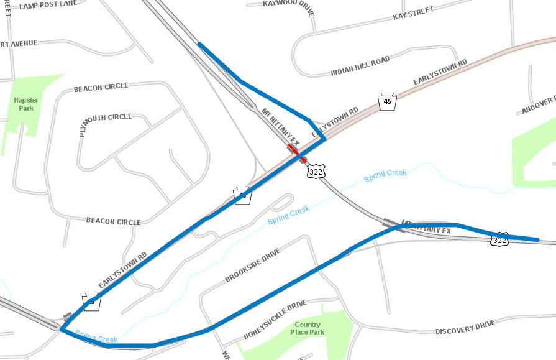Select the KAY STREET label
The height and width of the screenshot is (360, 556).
click(x=413, y=14)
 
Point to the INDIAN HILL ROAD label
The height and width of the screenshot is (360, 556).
click(x=360, y=64)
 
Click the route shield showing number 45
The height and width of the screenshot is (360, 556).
click(x=388, y=102)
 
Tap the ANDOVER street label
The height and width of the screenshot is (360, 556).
click(x=538, y=106)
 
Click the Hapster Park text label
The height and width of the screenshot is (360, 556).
click(x=26, y=104)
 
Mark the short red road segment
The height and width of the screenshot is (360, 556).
click(x=297, y=153)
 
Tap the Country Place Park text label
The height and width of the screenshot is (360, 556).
click(x=308, y=328)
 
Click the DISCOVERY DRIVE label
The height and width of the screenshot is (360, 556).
click(x=465, y=328)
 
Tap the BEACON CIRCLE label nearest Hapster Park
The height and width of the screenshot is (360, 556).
click(x=101, y=86)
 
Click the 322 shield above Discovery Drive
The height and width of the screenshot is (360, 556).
click(x=500, y=240)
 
